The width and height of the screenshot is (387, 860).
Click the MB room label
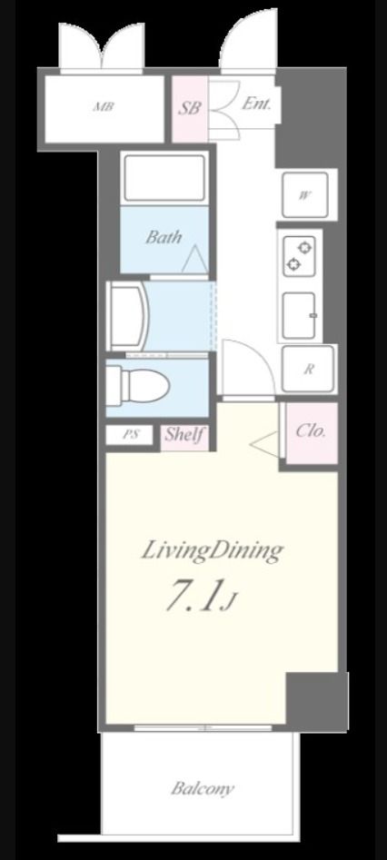[104, 107]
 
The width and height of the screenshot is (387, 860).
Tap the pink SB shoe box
[190, 109]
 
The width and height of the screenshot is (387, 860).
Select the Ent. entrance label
[256, 104]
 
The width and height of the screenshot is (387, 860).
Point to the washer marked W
[305, 194]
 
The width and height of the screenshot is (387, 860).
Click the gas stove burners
[299, 255]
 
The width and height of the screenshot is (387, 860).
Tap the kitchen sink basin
[299, 315]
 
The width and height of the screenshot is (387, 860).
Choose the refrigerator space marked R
[309, 369]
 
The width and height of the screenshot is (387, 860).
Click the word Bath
[164, 237]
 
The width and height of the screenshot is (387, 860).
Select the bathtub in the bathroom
[164, 178]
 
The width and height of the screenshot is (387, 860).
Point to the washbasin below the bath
[128, 316]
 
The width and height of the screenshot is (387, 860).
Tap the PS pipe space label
[130, 436]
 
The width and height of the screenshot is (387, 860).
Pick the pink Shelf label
[184, 436]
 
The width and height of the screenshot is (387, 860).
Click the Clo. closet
[311, 431]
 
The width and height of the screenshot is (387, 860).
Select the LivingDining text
[213, 550]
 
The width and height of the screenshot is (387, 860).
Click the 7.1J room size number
[200, 598]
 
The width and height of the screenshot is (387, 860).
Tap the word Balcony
[203, 788]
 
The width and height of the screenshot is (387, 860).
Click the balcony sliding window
[203, 727]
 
